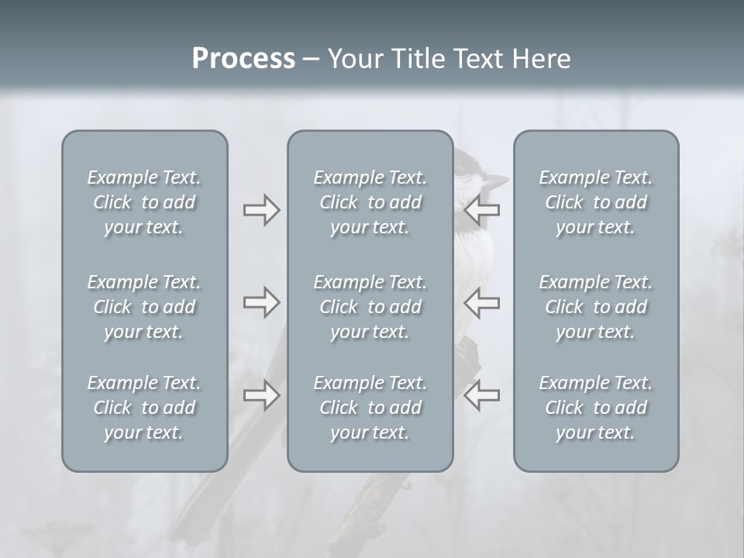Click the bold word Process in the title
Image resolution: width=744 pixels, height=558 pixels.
(x=243, y=59)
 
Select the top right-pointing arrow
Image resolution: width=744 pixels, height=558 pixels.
(x=261, y=210)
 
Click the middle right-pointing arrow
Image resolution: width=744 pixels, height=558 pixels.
(x=261, y=302)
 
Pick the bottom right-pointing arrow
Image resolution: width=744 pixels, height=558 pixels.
(x=261, y=396)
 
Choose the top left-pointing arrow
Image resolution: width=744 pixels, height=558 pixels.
(x=482, y=210)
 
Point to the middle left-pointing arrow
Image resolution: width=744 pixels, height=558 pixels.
(x=482, y=302)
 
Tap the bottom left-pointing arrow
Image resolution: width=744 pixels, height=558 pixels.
(x=482, y=396)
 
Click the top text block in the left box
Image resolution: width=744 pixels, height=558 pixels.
(x=144, y=202)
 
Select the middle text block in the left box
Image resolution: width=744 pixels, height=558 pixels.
(x=144, y=307)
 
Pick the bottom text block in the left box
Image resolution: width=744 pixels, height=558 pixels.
(x=144, y=408)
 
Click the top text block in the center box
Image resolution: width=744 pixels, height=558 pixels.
(x=370, y=202)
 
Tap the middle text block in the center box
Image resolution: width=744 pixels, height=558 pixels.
(x=370, y=307)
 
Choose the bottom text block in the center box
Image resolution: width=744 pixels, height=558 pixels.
(x=370, y=408)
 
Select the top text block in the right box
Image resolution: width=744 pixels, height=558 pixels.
(x=596, y=202)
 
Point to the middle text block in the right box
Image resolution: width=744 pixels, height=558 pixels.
(x=596, y=307)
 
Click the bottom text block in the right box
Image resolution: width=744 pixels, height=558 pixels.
(x=596, y=408)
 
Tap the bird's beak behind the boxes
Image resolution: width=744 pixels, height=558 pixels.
(x=498, y=183)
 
